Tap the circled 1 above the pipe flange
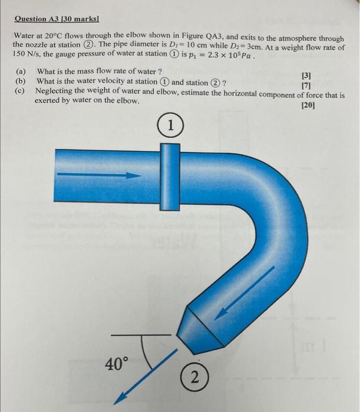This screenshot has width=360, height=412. [x=170, y=126]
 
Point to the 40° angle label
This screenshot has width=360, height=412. [x=116, y=364]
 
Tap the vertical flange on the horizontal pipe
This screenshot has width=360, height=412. [x=170, y=174]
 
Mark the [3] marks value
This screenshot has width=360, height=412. [x=306, y=76]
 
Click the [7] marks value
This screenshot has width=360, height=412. [x=306, y=87]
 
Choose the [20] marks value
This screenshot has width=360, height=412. [x=308, y=106]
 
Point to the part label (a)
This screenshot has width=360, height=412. [x=21, y=72]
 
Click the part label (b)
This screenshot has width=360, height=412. [x=21, y=81]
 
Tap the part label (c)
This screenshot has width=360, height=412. [x=21, y=91]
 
